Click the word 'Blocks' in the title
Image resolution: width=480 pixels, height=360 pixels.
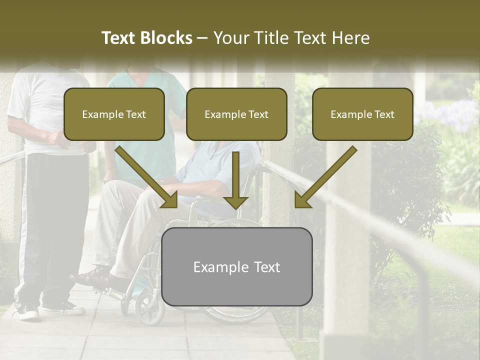(166, 38)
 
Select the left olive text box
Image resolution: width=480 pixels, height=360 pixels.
(114, 114)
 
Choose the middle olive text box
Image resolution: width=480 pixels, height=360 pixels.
(236, 114)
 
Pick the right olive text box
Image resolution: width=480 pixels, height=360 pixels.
(362, 114)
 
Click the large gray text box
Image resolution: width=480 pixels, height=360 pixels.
(236, 266)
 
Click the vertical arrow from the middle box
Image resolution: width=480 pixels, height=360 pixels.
(235, 180)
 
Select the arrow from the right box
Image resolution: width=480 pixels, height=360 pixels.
(325, 177)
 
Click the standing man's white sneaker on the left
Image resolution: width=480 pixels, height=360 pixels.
(27, 312)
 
